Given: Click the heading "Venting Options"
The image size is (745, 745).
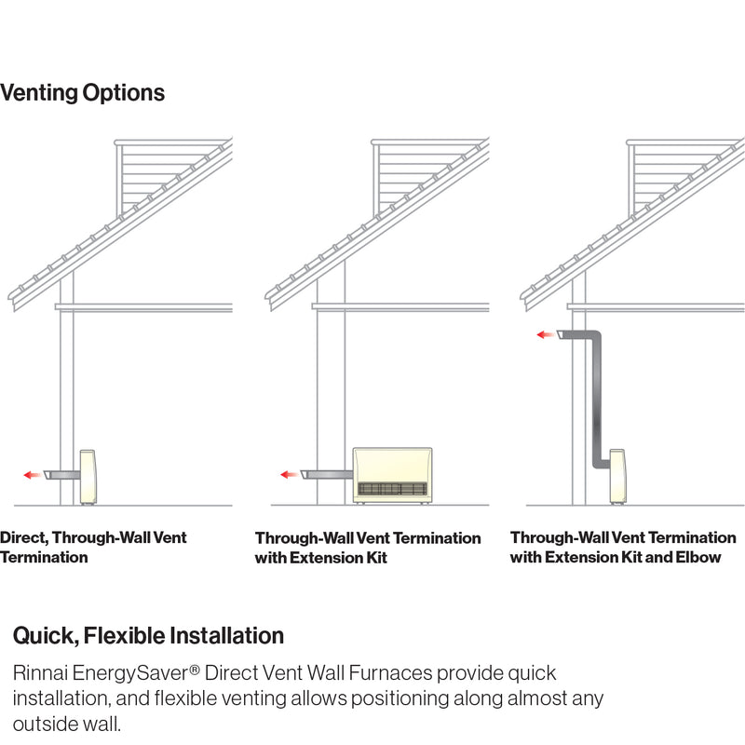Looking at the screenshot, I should click(82, 93).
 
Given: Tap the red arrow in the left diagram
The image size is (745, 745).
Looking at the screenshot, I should click(32, 475).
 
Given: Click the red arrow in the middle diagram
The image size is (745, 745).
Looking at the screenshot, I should click(289, 475).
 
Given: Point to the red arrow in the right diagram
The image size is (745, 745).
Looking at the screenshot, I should click(545, 334).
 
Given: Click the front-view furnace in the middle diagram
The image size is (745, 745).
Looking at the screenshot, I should click(392, 475).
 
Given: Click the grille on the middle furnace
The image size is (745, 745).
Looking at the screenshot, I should click(392, 489).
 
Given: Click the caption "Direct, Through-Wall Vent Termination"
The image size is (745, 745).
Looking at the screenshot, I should click(93, 548).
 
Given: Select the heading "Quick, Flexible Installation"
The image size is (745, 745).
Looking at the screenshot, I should click(148, 636).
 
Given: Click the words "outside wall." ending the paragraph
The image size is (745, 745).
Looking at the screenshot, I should click(67, 724).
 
